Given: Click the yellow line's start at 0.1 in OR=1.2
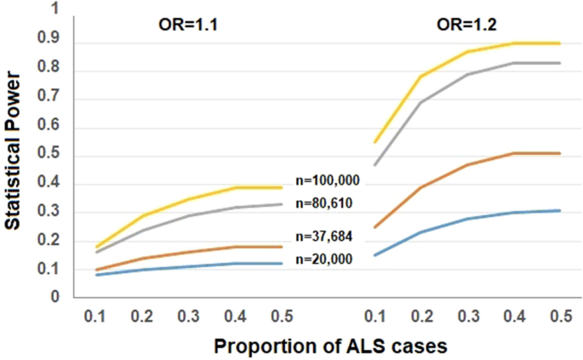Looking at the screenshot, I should pyautogui.click(x=374, y=141).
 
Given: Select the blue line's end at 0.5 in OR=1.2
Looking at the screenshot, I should pyautogui.click(x=559, y=210).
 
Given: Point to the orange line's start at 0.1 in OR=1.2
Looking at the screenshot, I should pyautogui.click(x=374, y=227).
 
